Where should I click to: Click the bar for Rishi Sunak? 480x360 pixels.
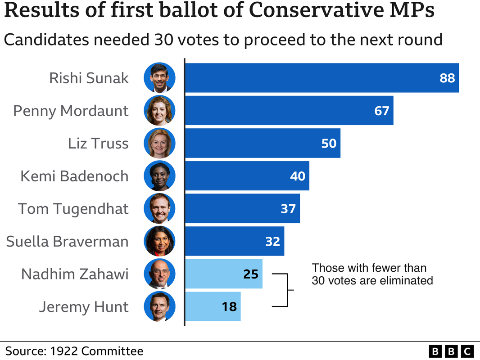(315, 78)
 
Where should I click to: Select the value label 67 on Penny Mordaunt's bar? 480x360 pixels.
(381, 111)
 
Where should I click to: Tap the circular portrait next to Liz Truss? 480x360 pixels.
(159, 143)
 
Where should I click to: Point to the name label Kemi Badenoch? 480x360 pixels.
(74, 176)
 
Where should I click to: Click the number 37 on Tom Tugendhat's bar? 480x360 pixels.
(288, 209)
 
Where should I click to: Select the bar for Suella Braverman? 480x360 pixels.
(234, 241)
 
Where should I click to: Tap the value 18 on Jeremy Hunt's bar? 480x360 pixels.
(229, 307)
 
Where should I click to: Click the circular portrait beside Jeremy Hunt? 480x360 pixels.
(159, 306)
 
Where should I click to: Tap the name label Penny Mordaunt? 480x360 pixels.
(71, 111)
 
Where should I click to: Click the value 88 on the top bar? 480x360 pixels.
(448, 78)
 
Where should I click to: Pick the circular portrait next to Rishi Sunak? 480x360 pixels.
(159, 78)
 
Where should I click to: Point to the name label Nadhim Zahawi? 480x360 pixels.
(75, 274)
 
